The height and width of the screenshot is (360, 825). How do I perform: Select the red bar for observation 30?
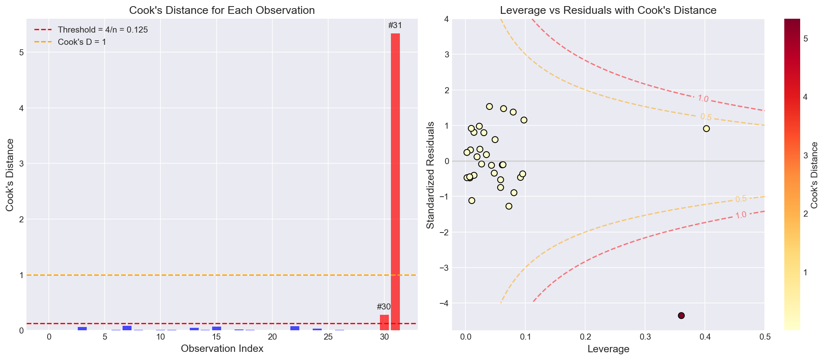[384, 323]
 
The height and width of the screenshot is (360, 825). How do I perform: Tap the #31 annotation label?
[395, 26]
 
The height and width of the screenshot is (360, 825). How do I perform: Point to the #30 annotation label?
[384, 307]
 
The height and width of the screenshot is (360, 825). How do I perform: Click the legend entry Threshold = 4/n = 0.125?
[103, 30]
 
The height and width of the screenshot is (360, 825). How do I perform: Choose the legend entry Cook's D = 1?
[82, 42]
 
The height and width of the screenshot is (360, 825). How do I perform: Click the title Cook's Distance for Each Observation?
[222, 10]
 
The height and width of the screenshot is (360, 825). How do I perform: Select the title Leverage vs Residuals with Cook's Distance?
[608, 10]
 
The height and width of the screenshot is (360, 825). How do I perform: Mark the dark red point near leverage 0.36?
[681, 315]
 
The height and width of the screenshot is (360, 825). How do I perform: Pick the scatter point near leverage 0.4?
[706, 129]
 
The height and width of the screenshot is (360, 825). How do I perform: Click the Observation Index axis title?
[222, 349]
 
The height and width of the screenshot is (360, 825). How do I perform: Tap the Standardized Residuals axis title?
[430, 175]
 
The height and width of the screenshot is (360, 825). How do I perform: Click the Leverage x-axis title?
[608, 349]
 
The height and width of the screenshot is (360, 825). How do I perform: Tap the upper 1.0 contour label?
[702, 99]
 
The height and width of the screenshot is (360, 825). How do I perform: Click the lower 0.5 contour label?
[741, 199]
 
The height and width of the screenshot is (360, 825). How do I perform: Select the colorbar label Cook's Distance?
[815, 175]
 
